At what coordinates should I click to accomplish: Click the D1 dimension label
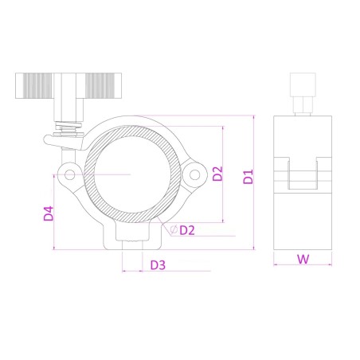248,177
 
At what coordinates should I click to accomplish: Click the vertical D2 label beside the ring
217,174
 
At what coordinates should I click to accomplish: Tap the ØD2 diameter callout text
182,230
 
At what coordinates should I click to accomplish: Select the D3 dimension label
158,265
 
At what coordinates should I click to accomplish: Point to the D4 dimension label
49,213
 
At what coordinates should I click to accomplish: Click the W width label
303,259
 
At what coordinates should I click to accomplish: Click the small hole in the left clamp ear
70,174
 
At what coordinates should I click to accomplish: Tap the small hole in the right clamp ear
194,175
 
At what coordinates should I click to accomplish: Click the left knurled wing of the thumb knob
34,86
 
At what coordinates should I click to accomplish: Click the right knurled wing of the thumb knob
104,86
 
